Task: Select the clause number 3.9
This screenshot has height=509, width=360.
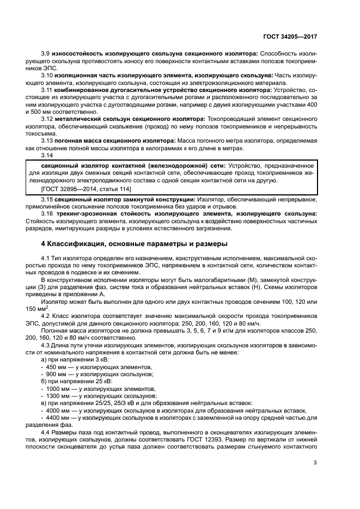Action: coord(46,53)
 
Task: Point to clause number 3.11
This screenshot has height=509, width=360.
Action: coord(47,89)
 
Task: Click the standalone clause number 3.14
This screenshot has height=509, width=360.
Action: coord(47,155)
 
